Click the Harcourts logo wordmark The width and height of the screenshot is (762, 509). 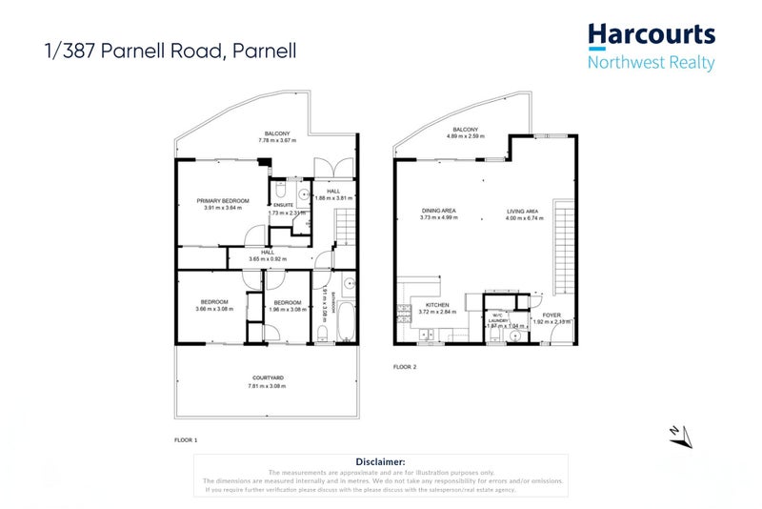[651, 35]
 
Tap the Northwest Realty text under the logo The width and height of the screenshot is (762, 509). [651, 63]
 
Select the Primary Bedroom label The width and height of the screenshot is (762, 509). [223, 201]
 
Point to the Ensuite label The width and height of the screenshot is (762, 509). [283, 205]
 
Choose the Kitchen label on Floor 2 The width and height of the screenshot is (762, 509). [424, 305]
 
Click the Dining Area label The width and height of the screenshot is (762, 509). [439, 211]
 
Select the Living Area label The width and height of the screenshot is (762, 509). [522, 211]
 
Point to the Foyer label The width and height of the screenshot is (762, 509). [551, 315]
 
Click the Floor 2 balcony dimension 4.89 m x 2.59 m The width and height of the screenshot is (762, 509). [465, 136]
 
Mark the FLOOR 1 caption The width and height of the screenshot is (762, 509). [185, 440]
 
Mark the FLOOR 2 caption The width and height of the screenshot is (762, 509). [405, 366]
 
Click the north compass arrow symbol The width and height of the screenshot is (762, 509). [680, 435]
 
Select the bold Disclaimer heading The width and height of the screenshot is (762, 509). [380, 461]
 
